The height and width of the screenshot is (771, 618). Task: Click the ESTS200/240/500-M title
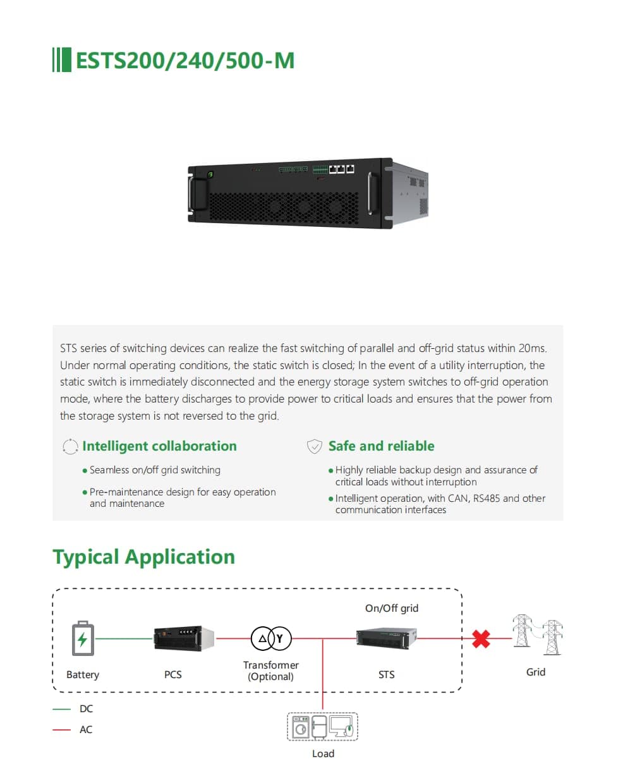(185, 61)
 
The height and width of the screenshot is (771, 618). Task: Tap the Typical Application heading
(143, 557)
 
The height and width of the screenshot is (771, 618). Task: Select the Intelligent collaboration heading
(159, 446)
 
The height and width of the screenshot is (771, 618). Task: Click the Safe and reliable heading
(381, 446)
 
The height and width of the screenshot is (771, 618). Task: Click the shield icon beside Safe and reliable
(315, 447)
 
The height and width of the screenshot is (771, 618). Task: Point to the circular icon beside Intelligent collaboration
(70, 447)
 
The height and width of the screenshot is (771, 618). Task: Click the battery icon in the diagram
(83, 640)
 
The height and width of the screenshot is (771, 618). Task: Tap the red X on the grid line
(482, 638)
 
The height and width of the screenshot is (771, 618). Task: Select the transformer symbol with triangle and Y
(272, 639)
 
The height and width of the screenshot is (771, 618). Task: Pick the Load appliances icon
(323, 727)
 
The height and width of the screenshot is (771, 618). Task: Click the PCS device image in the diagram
(183, 638)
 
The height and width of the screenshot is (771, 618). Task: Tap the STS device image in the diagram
(387, 639)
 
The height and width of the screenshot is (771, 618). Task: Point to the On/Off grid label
(392, 608)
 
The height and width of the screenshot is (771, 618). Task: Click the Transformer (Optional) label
(271, 671)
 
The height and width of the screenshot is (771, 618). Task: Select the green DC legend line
(61, 709)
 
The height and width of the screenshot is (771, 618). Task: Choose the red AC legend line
(61, 729)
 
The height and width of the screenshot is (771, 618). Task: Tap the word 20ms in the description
(532, 348)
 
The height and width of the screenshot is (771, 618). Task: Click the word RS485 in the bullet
(485, 498)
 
